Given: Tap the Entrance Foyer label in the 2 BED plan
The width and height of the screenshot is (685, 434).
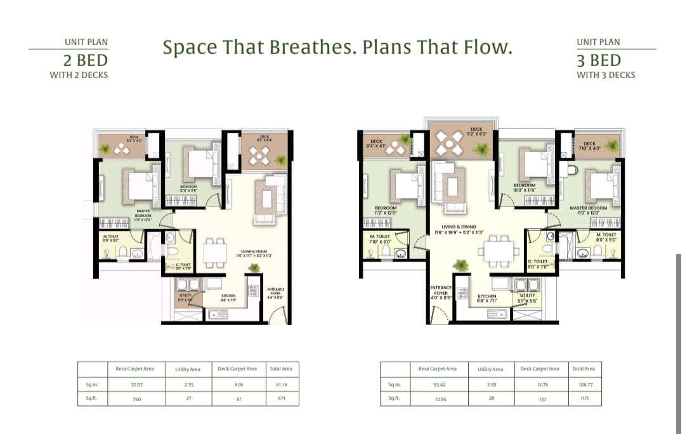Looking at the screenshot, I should coord(276,291).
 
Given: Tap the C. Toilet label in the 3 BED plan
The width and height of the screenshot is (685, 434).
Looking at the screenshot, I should coord(537,263).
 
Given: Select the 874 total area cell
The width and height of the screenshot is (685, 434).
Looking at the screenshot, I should coord(282,398).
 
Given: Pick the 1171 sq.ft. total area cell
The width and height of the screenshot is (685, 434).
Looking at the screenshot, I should coord(584,398).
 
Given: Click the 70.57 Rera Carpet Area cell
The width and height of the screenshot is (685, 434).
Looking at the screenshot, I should coord(134,384).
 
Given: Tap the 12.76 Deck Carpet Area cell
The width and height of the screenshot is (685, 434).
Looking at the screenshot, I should coord(540,384).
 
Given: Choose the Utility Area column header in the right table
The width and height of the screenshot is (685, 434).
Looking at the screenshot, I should coord(490,369).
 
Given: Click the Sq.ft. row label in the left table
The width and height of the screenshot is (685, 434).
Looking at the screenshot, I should coord(92,398).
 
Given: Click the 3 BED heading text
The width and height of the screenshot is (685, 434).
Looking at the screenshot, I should coord(599,61).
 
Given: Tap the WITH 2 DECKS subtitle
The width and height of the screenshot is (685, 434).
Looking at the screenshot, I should coord(79,75).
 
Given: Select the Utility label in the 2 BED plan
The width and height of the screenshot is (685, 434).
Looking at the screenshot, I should coord(185,297).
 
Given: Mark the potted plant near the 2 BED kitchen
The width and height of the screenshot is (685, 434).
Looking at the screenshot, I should coord(254,268).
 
